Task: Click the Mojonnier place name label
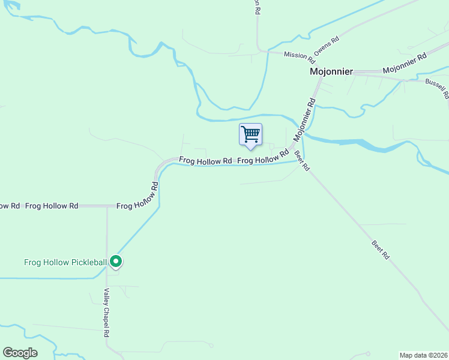[x=331, y=71]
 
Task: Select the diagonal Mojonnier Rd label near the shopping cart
[x=304, y=120]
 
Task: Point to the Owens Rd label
[x=327, y=46]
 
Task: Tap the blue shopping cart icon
[x=250, y=134]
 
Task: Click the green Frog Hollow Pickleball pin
[x=116, y=262]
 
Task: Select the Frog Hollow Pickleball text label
[x=65, y=262]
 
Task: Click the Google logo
[x=20, y=353]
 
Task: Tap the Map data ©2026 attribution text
[x=423, y=355]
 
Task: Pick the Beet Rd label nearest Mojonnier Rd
[x=301, y=160]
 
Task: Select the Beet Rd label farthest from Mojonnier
[x=381, y=250]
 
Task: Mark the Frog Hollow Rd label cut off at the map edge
[x=9, y=206]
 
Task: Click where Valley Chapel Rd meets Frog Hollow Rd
[x=107, y=206]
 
